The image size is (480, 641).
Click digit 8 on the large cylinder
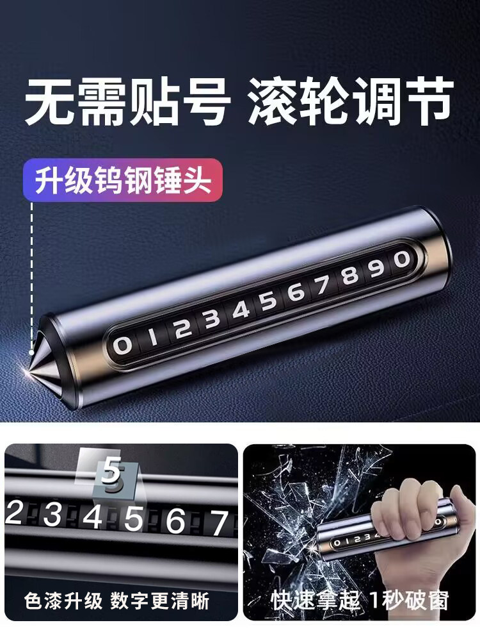tap(349, 277)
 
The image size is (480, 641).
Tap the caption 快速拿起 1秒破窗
tap(360, 601)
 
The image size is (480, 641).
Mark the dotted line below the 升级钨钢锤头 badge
tap(31, 269)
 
